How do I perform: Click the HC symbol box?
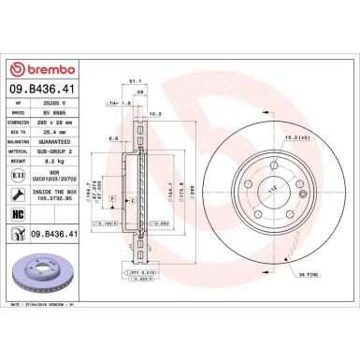click(x=17, y=213)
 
